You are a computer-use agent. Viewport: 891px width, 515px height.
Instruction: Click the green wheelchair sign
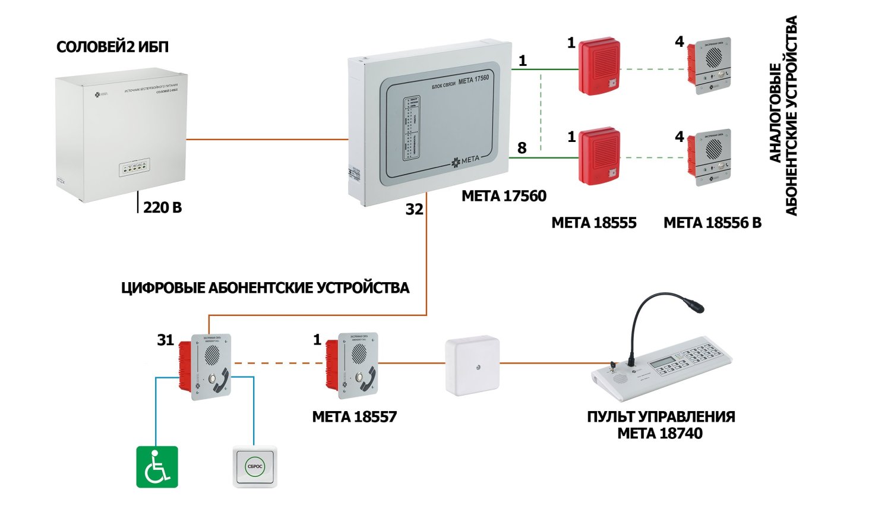[157, 467]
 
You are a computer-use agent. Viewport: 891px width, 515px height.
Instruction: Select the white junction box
[472, 366]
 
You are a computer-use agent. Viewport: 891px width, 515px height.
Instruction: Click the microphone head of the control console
[694, 307]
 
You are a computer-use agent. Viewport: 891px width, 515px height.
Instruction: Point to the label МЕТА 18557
[355, 417]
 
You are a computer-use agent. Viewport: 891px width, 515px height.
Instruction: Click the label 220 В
[162, 207]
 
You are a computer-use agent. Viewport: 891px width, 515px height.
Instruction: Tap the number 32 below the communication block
[415, 209]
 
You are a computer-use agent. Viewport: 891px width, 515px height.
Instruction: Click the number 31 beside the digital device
[166, 340]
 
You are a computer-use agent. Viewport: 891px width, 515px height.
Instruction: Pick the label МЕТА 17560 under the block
[504, 196]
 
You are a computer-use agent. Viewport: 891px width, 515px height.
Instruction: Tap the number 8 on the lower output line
[522, 148]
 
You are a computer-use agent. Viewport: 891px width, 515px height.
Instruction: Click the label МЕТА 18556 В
[712, 223]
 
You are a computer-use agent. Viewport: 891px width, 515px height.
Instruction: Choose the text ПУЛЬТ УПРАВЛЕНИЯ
[661, 416]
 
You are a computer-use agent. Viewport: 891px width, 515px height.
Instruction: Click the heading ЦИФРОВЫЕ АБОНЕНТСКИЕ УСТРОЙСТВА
[265, 288]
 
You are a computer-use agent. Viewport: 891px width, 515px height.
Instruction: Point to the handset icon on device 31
[223, 380]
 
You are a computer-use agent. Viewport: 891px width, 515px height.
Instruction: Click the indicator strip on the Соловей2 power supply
[134, 169]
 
